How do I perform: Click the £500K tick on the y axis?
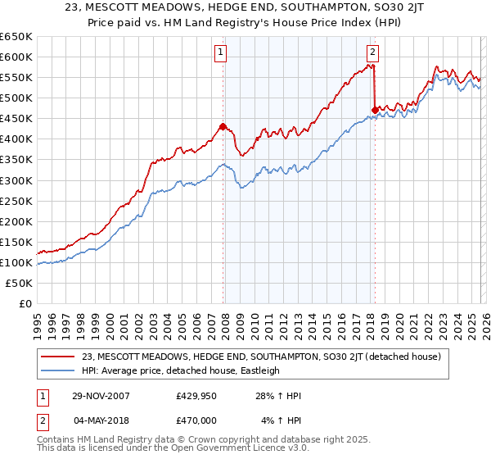pos(16,98)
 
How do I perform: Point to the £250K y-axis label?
pos(16,201)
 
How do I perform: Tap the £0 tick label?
pos(26,303)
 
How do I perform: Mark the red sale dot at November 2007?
pos(223,126)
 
